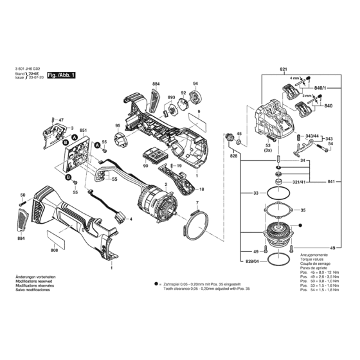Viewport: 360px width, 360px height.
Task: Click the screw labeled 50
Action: click(24, 205)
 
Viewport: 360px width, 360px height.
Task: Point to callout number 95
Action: click(117, 125)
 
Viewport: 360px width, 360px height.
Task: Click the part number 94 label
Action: click(195, 85)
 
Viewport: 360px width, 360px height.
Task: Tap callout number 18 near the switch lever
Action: click(201, 190)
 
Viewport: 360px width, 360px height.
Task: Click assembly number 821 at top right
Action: click(283, 69)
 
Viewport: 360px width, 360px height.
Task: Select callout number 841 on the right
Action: click(332, 183)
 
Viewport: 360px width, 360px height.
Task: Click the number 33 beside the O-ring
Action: click(255, 193)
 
